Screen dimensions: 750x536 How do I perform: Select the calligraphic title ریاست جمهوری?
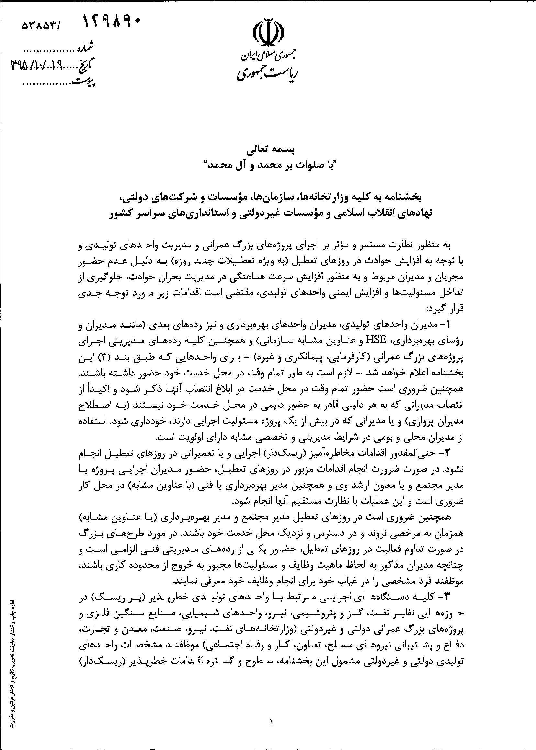[268, 74]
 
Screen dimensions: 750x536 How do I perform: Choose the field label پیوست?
[84, 81]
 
